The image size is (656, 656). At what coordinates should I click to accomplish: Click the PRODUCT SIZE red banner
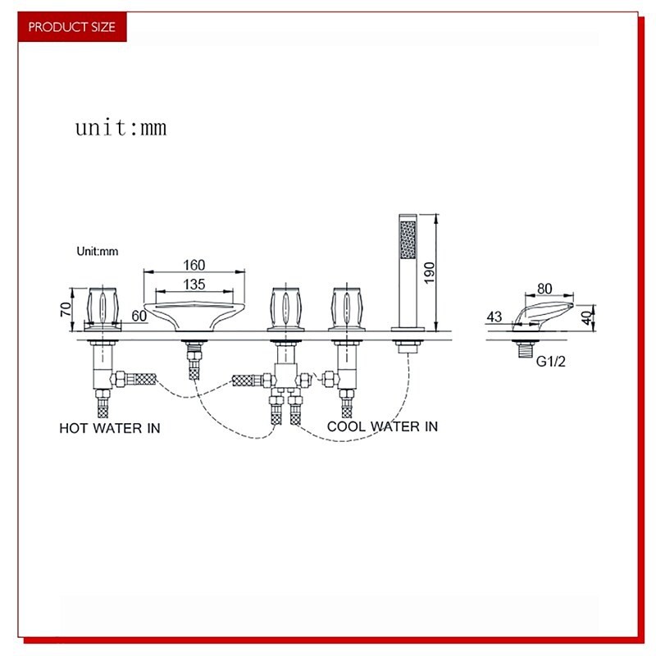pos(72,27)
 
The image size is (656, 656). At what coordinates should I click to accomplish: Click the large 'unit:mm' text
pos(121,127)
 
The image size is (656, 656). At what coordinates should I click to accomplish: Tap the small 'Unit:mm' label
pos(98,252)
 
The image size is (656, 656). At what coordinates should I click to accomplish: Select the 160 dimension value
pos(194,265)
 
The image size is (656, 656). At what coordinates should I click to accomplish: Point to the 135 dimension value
pos(194,285)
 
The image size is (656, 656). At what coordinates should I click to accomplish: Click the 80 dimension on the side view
pos(544,289)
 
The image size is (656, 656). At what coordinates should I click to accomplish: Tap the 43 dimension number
pos(494,316)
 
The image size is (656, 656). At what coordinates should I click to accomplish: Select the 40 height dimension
pos(586,317)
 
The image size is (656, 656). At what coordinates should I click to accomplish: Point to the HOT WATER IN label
pos(109,428)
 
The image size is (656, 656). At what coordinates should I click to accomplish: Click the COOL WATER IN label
pos(382,426)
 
